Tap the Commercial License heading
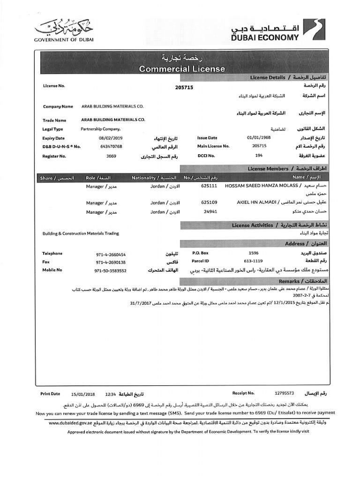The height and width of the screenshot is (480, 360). (x=182, y=69)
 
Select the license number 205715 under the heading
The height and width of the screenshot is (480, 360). (x=184, y=87)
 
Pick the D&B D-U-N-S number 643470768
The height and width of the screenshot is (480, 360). (x=111, y=146)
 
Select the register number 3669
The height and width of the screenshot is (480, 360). (x=111, y=156)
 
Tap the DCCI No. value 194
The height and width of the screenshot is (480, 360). (x=259, y=155)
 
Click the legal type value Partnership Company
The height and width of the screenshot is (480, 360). (x=100, y=129)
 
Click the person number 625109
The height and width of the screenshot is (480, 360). (x=209, y=202)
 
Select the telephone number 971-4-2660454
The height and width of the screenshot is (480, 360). (x=111, y=254)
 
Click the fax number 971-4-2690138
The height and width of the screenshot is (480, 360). (x=111, y=262)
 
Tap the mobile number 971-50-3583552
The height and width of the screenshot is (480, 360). (x=110, y=270)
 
